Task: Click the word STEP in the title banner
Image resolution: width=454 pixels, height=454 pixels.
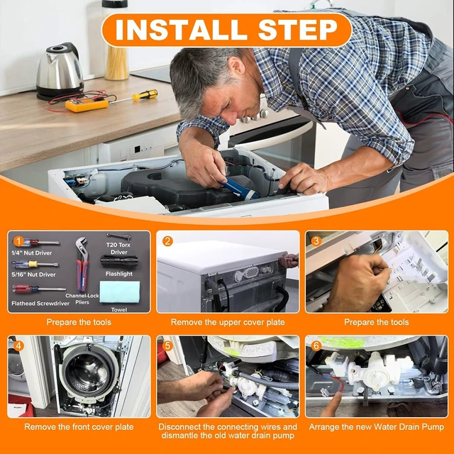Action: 298,30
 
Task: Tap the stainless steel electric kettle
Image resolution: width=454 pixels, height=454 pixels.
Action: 60,71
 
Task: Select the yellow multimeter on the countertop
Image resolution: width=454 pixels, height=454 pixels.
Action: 87,105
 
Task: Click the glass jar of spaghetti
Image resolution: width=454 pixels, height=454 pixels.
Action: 116,40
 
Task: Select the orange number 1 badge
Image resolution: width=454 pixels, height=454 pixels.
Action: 18,241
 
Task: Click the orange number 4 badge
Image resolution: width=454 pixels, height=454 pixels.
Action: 18,345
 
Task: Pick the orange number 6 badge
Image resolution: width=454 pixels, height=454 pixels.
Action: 316,345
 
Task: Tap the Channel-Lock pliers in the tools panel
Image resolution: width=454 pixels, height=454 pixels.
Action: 82,264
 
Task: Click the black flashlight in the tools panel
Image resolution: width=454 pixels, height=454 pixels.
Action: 119,262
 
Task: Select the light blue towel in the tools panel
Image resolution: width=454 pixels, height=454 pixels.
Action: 120,292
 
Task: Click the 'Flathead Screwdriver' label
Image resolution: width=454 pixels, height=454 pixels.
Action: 40,304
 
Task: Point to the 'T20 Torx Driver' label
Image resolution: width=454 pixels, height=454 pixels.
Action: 118,248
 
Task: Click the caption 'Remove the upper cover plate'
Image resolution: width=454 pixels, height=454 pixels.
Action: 228,322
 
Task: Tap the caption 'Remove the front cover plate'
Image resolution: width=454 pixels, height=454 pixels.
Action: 79,427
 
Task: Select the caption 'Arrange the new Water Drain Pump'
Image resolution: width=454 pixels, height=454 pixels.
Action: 377,427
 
